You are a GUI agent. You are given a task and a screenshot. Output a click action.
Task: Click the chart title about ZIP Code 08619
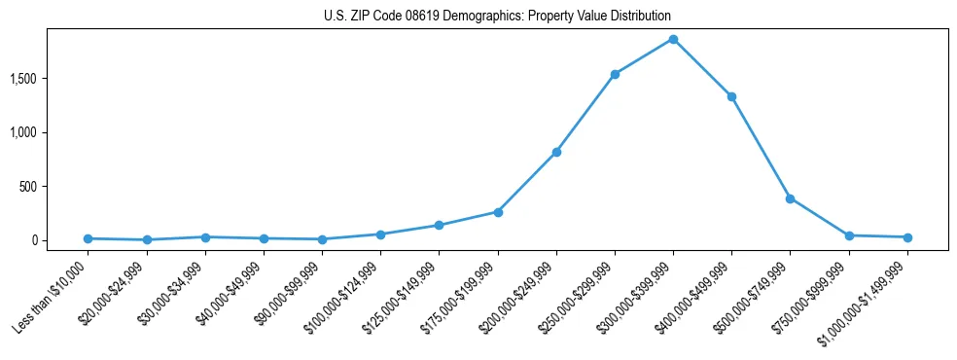click(497, 17)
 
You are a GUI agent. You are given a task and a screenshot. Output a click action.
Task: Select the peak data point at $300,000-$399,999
click(673, 39)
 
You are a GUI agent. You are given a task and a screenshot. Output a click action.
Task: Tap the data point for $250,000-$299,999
click(615, 74)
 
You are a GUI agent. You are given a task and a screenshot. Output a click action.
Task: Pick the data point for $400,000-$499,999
click(731, 96)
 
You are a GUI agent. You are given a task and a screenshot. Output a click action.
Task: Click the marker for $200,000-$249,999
click(556, 152)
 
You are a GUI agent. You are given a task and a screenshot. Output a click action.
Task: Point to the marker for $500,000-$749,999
click(790, 198)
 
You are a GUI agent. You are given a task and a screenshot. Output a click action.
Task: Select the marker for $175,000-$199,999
click(498, 212)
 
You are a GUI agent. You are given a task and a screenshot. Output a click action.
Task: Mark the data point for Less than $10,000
click(89, 238)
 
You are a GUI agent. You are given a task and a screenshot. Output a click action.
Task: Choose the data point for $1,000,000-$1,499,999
click(907, 237)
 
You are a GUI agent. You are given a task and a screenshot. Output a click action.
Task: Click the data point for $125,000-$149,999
click(440, 225)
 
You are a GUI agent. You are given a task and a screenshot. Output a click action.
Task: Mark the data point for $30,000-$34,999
click(205, 237)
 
